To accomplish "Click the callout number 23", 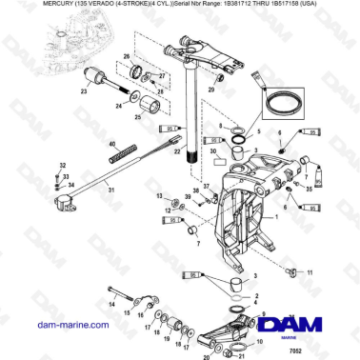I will click(x=83, y=92).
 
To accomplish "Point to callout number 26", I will click(x=126, y=58).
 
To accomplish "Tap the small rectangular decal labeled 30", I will click(x=220, y=151).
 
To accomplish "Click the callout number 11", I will click(x=310, y=272).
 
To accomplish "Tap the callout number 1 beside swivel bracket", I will click(x=277, y=218).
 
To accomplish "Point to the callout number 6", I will click(x=279, y=135).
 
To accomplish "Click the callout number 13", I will click(x=158, y=193).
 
